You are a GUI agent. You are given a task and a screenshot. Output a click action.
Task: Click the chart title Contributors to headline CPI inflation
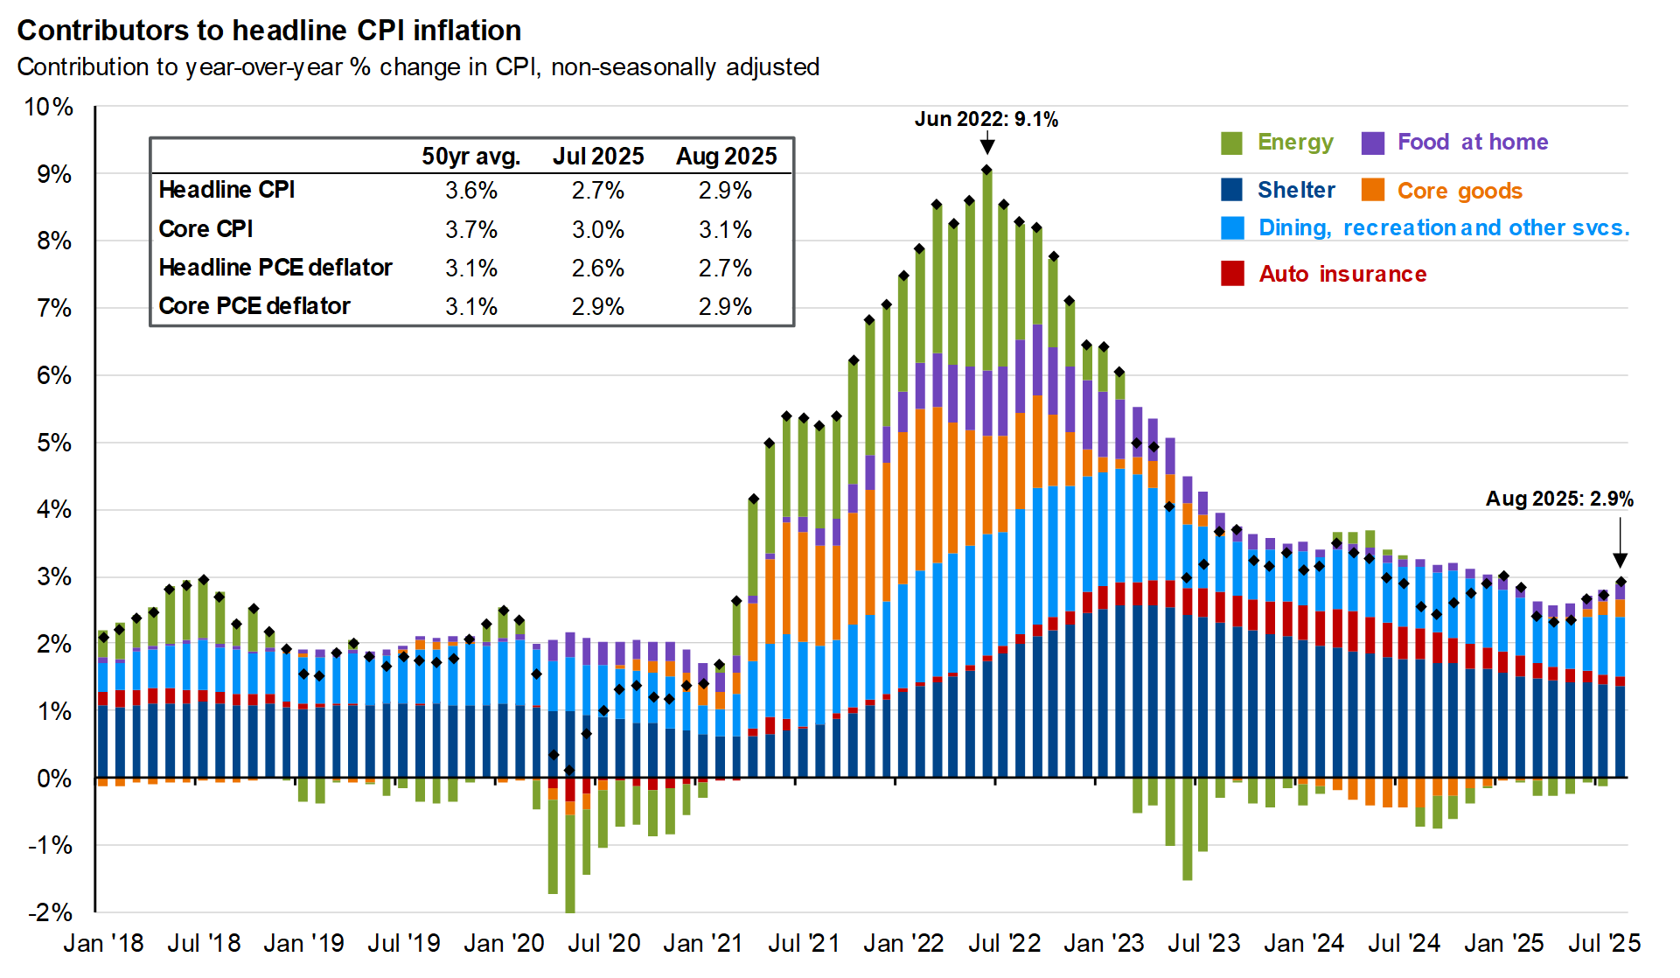(268, 31)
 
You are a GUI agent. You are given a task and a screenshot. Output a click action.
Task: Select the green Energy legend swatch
(1231, 143)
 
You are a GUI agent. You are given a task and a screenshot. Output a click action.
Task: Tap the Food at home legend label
(1472, 143)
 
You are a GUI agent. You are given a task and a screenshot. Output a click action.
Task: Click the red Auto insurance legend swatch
(1232, 274)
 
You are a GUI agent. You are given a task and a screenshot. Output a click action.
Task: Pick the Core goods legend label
(1459, 191)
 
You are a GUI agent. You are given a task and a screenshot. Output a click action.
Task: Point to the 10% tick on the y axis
(48, 108)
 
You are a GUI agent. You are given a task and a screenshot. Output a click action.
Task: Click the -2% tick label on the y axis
(51, 912)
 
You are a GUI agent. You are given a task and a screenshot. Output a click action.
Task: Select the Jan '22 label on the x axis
(903, 944)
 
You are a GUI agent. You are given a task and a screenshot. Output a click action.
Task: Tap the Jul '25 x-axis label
(1604, 944)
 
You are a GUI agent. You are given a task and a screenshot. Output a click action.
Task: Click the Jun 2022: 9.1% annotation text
(986, 120)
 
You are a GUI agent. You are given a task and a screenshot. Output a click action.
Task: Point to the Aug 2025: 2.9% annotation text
(1558, 499)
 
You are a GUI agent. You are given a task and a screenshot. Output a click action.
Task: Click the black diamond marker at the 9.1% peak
(986, 170)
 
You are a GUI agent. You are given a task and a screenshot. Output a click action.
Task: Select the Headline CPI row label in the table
(227, 190)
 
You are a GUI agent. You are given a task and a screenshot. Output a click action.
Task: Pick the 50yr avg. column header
(471, 157)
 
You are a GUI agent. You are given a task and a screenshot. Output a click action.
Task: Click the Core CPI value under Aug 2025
(725, 230)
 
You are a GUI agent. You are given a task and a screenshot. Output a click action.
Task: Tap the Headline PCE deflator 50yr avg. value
(471, 269)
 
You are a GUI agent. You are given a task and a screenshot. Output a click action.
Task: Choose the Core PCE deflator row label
(254, 306)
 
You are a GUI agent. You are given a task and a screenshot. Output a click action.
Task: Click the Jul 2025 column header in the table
(598, 157)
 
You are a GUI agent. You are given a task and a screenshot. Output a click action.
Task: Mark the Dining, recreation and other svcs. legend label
(1443, 228)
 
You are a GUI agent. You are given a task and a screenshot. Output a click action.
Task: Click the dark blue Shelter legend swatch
(1231, 190)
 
